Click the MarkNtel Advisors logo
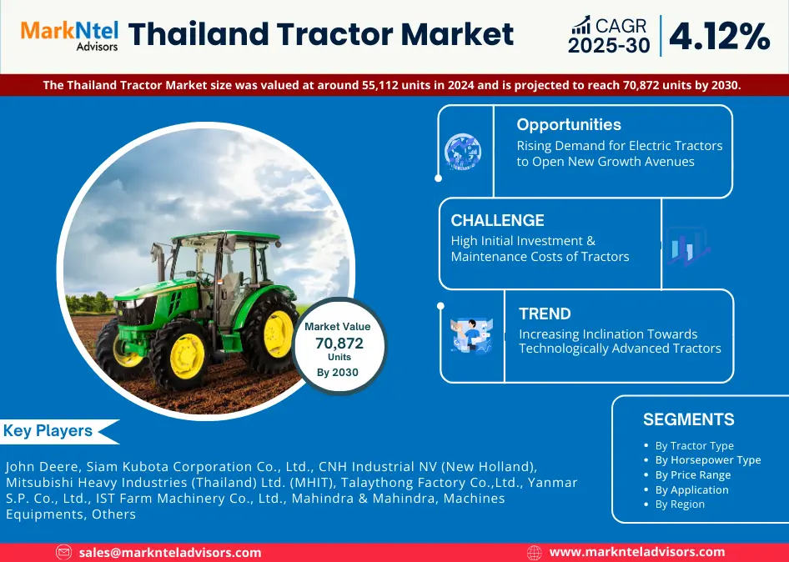(69, 36)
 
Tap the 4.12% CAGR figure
(720, 36)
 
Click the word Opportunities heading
(569, 125)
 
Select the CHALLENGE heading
(497, 220)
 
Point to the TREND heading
(545, 314)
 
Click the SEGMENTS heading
(688, 419)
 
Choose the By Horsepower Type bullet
(707, 460)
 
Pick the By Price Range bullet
(692, 475)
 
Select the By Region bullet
(679, 504)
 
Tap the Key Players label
(48, 431)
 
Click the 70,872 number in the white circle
(339, 344)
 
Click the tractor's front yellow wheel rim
(187, 356)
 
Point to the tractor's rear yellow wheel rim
(278, 334)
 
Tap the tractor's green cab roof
(226, 235)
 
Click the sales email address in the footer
(170, 553)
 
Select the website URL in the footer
(637, 553)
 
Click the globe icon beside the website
(534, 553)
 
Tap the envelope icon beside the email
(64, 553)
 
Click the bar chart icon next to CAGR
(580, 25)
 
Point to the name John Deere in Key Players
(41, 467)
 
